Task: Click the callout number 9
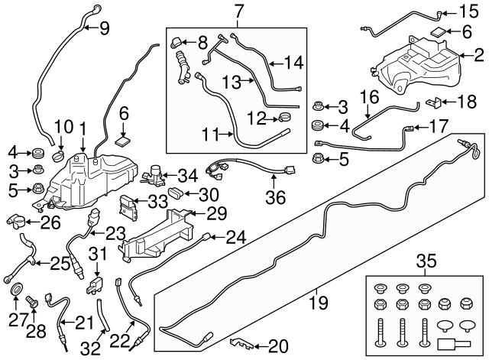(104, 29)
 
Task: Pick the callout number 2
(479, 55)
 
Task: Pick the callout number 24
(236, 238)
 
